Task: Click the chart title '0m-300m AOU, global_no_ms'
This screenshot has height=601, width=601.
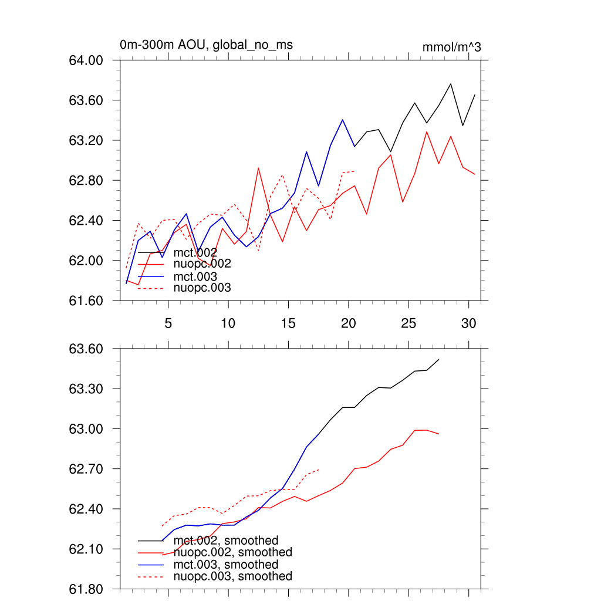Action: (206, 45)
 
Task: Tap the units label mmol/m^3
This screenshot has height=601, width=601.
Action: (451, 47)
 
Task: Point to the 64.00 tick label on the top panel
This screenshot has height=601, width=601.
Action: (86, 60)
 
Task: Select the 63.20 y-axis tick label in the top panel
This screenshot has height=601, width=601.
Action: (86, 140)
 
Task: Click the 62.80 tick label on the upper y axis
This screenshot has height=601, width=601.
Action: (86, 180)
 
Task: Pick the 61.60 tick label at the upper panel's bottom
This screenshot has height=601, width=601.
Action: (86, 300)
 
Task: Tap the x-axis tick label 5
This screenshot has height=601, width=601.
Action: (168, 323)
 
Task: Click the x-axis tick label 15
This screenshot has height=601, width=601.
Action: (288, 323)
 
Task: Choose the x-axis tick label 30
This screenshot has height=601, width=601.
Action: (468, 323)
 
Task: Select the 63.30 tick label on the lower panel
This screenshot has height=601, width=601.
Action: (86, 389)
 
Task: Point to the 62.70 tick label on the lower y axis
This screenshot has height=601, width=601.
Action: (86, 469)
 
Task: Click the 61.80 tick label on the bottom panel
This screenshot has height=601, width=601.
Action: (86, 589)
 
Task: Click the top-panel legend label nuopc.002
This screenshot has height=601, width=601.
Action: (202, 264)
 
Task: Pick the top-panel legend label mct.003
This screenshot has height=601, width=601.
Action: (195, 276)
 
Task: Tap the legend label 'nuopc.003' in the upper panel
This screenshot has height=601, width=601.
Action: (202, 288)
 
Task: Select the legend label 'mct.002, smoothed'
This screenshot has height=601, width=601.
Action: (226, 541)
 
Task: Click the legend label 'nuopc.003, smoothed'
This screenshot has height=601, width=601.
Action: (233, 576)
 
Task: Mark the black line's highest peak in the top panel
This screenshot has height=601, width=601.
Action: (451, 83)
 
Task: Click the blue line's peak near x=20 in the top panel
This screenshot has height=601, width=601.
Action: (342, 120)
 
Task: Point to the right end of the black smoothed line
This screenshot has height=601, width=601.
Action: (439, 359)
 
